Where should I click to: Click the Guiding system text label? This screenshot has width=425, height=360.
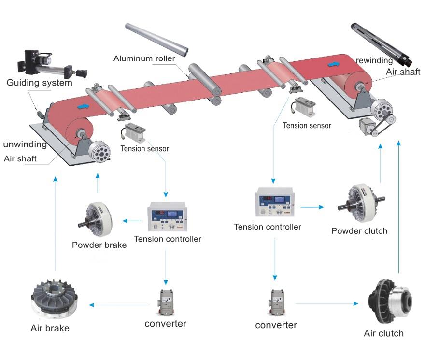click(39, 83)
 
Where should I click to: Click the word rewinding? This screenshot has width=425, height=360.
click(375, 60)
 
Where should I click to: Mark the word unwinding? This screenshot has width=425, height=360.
click(25, 144)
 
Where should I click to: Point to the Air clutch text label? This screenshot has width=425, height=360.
click(383, 333)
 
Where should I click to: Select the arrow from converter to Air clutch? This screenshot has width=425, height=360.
click(326, 303)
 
